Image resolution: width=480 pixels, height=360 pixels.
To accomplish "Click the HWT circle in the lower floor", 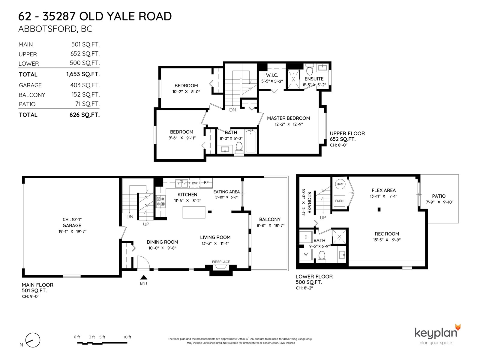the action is tap(340, 184).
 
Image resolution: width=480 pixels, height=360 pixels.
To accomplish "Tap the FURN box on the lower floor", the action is tap(339, 201).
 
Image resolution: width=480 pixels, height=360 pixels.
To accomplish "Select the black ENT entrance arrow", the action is tap(144, 277).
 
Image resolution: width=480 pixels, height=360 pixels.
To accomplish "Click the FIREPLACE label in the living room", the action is tap(221, 262).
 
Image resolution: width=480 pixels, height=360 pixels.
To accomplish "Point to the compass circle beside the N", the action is tap(33, 340).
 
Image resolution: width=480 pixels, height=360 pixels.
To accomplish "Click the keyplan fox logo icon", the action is tap(458, 327).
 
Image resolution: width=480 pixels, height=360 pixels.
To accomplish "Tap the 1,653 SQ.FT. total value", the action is tap(83, 74).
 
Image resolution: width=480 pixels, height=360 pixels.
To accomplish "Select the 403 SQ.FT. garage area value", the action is tap(85, 85).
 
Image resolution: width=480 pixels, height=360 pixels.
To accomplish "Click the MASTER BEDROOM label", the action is tap(288, 118).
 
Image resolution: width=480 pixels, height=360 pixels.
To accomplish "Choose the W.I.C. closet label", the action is tap(272, 75).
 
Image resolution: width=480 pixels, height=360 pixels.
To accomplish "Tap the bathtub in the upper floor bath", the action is tap(250, 141).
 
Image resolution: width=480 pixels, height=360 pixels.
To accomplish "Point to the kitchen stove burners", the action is tap(160, 202).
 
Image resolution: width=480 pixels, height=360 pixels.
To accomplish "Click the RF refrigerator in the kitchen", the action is tap(206, 183).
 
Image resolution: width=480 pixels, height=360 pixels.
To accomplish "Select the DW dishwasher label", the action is tap(194, 183).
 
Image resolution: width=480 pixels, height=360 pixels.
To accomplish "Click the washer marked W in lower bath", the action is tap(306, 254).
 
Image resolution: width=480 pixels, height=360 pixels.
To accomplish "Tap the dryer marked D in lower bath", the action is tap(306, 237).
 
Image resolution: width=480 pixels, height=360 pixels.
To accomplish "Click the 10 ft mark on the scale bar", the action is tap(127, 337).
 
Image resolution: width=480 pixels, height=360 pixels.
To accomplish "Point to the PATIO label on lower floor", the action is tap(439, 196).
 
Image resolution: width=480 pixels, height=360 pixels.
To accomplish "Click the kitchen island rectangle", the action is tap(194, 212).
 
